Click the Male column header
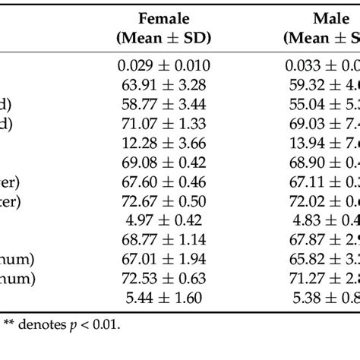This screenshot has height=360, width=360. [x=322, y=27]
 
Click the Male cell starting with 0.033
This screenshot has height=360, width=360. [x=322, y=66]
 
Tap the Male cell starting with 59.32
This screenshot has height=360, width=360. [x=322, y=86]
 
